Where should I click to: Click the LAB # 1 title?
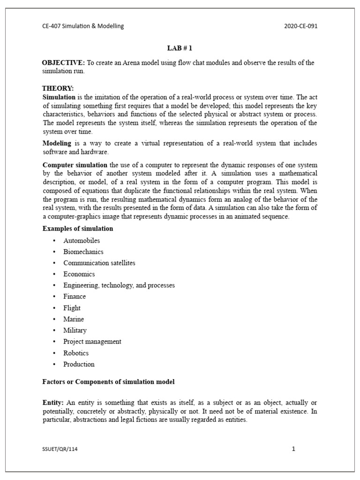[x=180, y=48]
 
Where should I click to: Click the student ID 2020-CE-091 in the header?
[x=300, y=26]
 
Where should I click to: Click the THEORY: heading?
[x=58, y=88]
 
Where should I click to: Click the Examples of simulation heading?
[x=78, y=229]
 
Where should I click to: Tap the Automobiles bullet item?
[x=82, y=240]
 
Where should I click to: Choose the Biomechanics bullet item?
[x=83, y=252]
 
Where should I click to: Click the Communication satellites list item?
[x=99, y=263]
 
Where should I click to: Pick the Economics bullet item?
[x=79, y=274]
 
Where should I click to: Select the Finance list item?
[x=75, y=297]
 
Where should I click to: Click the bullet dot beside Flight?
[x=54, y=308]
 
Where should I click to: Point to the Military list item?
[x=75, y=330]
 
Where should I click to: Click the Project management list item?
[x=92, y=342]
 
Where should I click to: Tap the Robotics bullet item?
[x=76, y=353]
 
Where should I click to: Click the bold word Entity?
[x=53, y=403]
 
